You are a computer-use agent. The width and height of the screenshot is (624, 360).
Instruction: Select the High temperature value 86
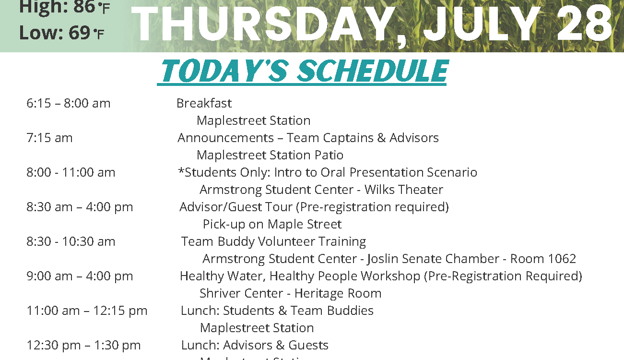click(x=84, y=7)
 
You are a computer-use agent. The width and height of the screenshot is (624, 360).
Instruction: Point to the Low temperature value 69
click(x=80, y=33)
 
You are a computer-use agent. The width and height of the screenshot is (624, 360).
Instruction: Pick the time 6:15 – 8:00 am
click(x=68, y=103)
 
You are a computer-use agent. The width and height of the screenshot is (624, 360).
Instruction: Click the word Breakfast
click(x=204, y=103)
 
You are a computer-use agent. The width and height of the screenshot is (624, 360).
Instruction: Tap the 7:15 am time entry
click(x=49, y=138)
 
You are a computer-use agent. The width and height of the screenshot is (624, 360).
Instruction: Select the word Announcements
click(x=225, y=138)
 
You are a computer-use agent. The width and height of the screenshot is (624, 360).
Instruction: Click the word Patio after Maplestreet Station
click(x=329, y=155)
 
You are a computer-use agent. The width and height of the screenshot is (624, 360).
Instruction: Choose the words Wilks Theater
click(x=404, y=190)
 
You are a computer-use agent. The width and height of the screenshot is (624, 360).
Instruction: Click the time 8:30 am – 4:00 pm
click(x=80, y=207)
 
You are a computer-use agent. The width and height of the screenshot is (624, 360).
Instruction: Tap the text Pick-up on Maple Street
click(x=272, y=225)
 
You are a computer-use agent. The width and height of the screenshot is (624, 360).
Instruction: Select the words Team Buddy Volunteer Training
click(x=273, y=242)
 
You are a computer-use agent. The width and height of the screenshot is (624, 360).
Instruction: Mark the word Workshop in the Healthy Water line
click(x=390, y=276)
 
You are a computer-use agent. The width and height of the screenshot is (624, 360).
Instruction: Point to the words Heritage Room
click(x=338, y=293)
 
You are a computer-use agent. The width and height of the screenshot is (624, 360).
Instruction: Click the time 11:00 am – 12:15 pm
click(x=87, y=311)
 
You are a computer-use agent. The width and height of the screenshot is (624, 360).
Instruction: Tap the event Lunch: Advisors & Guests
click(x=255, y=345)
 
